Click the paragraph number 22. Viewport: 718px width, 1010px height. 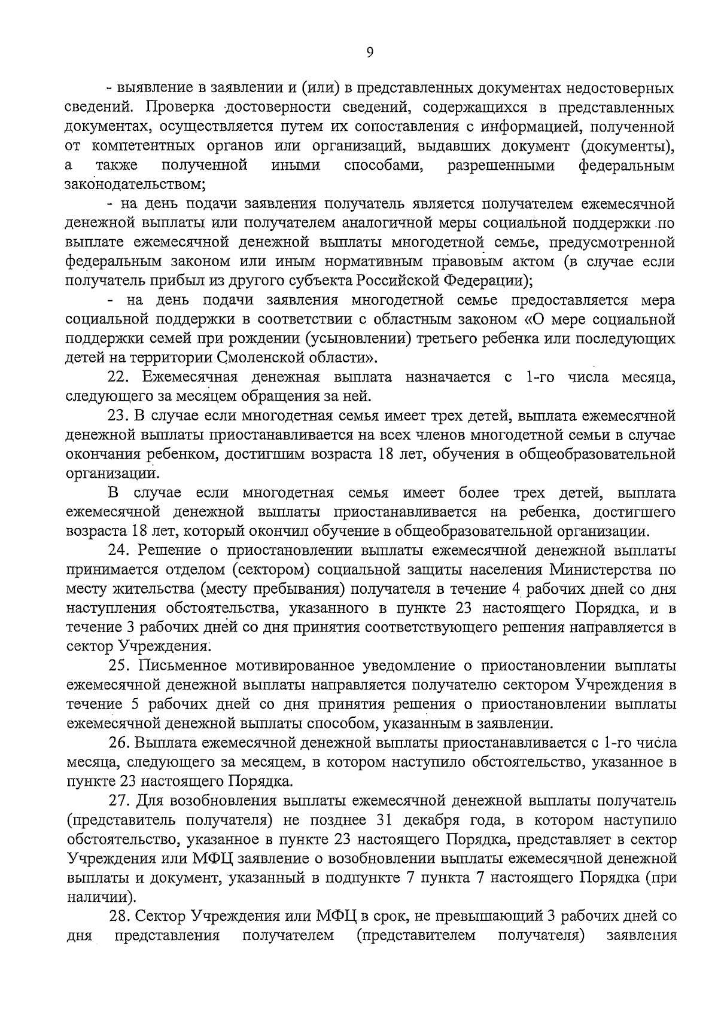(118, 377)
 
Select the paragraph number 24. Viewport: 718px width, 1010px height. (118, 551)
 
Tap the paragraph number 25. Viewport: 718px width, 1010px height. (118, 666)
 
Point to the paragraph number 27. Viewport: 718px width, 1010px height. (118, 801)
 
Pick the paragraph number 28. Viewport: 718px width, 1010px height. (118, 916)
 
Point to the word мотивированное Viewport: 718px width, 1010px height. (299, 666)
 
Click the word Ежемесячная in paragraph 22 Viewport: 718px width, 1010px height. (189, 377)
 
